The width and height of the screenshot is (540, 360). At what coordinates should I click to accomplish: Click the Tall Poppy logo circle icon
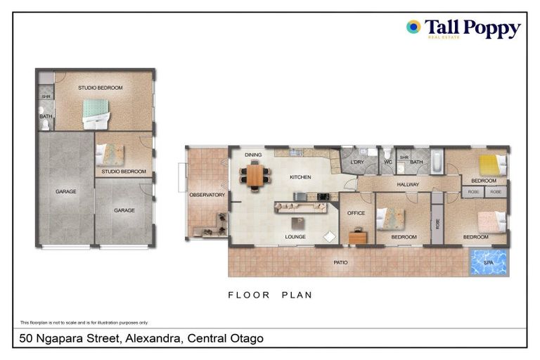click(413, 27)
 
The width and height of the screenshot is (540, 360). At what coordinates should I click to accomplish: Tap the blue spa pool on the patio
click(489, 263)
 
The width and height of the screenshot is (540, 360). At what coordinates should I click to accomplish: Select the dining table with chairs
click(255, 174)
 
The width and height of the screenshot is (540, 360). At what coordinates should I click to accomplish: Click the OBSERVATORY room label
click(207, 195)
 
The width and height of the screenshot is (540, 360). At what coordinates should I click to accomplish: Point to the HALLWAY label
click(408, 185)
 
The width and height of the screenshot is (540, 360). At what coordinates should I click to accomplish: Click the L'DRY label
click(356, 162)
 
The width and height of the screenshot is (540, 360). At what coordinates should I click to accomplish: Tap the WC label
click(387, 162)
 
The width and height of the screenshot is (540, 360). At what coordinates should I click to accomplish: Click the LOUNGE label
click(295, 237)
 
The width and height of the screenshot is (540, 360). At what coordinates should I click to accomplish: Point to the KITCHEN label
click(300, 177)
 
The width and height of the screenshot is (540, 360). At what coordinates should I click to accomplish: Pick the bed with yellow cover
click(489, 165)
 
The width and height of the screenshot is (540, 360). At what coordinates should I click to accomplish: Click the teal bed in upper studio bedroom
click(96, 112)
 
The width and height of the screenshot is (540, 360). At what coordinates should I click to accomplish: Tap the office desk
click(358, 236)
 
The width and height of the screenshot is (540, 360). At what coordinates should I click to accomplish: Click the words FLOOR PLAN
click(270, 295)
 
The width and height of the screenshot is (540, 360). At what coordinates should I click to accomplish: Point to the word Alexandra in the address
click(153, 339)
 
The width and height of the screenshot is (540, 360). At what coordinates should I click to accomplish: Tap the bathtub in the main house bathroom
click(436, 163)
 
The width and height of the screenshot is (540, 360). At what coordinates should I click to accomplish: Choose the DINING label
click(253, 155)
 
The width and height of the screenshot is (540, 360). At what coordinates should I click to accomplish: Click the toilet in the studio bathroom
click(44, 124)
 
